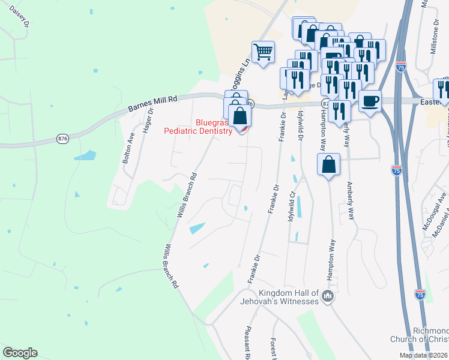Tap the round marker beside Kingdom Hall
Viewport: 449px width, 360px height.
pos(328,296)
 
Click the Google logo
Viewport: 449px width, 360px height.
pos(20,353)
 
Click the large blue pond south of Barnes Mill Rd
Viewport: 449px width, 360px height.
pos(85,155)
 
